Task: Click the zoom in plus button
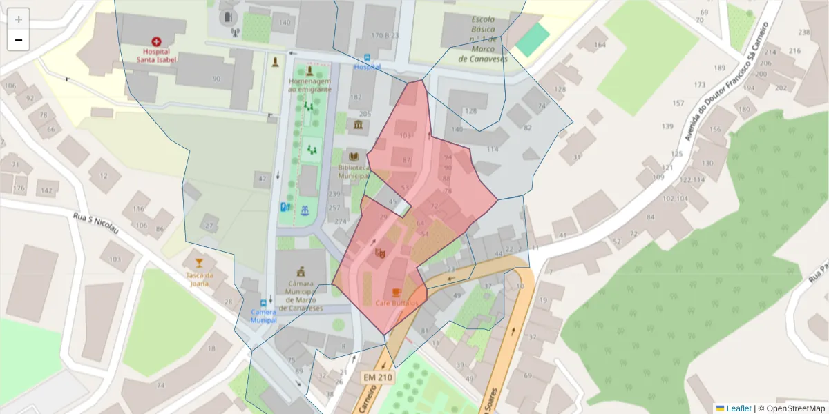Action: tap(19, 19)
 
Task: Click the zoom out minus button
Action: tap(19, 40)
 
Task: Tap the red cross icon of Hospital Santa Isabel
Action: tap(156, 41)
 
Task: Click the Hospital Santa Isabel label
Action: tap(156, 55)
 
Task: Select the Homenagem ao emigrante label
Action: tap(309, 86)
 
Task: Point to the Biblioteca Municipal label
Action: tap(354, 172)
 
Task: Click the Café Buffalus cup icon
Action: tap(397, 293)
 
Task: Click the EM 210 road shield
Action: tap(377, 377)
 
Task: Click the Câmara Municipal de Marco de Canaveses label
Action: tap(301, 295)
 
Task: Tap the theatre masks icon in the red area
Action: tap(379, 253)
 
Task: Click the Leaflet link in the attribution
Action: tap(738, 408)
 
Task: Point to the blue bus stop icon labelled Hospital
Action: tap(367, 58)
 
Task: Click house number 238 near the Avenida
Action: tap(803, 32)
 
